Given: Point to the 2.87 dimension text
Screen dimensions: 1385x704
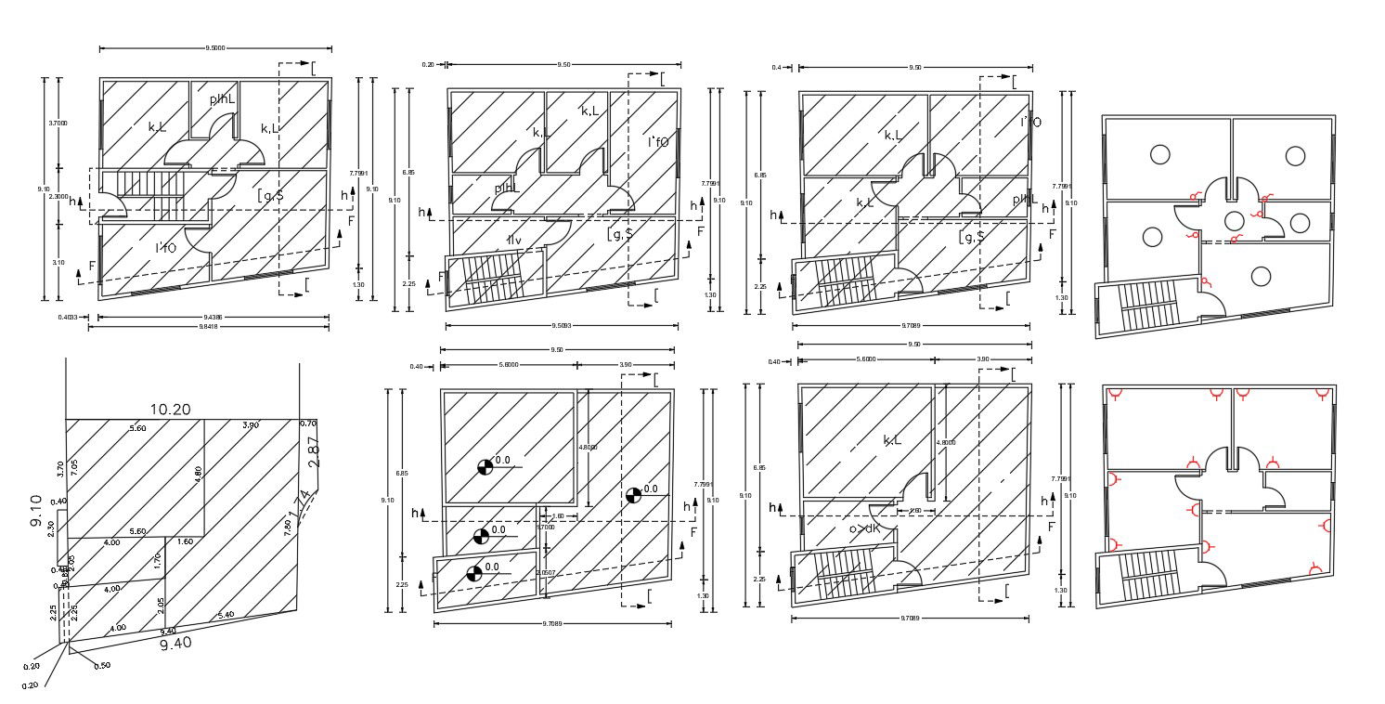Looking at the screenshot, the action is (313, 450).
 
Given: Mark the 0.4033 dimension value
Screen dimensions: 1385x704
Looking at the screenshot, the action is (68, 317).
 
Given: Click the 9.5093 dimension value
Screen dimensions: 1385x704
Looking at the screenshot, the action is (562, 326).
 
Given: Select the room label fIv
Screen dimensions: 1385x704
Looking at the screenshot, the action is (513, 241).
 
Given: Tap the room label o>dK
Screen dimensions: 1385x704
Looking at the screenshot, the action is (863, 528).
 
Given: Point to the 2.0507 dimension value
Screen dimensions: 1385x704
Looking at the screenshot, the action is (548, 573).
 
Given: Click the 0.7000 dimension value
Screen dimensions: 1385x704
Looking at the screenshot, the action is (546, 527).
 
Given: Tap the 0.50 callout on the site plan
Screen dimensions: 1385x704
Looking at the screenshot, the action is (102, 665).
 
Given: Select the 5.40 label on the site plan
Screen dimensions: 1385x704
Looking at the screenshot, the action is (226, 615).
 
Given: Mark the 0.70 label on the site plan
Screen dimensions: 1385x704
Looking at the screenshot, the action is (308, 424).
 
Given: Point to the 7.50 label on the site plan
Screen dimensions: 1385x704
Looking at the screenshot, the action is (288, 527).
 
